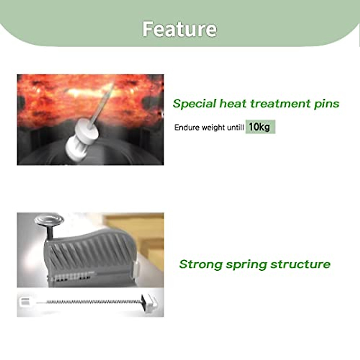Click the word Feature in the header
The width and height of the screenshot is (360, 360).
pos(179,29)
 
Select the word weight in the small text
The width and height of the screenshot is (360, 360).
pos(213,128)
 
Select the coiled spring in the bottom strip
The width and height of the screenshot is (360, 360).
pos(93,302)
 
